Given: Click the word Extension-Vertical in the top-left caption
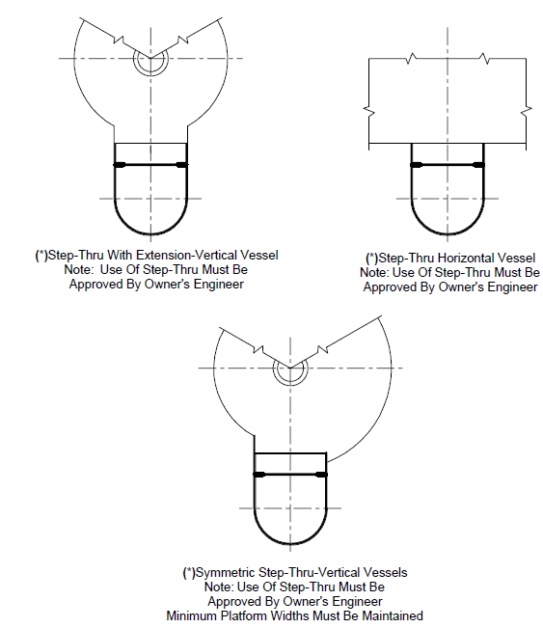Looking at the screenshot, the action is pyautogui.click(x=187, y=255).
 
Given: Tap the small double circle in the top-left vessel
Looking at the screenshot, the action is pyautogui.click(x=151, y=59).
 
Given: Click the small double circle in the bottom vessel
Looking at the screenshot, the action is pyautogui.click(x=290, y=369).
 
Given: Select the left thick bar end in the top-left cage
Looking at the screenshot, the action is pyautogui.click(x=120, y=165).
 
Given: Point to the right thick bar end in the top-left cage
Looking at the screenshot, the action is pyautogui.click(x=181, y=165).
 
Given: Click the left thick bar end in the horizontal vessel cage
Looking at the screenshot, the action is pyautogui.click(x=417, y=165).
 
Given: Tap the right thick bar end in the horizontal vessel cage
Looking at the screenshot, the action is pyautogui.click(x=478, y=165).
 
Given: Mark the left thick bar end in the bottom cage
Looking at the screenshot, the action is pyautogui.click(x=259, y=475).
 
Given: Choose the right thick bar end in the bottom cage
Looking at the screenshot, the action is pyautogui.click(x=321, y=475).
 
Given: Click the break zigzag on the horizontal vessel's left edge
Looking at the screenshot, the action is pyautogui.click(x=368, y=111).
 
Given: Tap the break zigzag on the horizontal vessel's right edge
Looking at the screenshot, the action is pyautogui.click(x=527, y=111).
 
